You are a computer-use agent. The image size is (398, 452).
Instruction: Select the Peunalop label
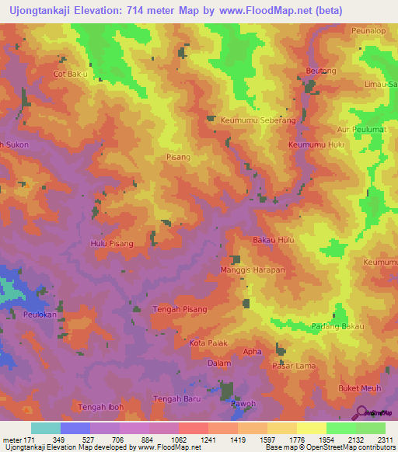coord(368,30)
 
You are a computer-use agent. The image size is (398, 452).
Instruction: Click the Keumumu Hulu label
coord(316,144)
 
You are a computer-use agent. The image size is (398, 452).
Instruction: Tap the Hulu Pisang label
coord(112,244)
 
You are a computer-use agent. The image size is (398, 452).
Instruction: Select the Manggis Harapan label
coord(253,269)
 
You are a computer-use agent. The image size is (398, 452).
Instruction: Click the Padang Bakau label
coord(337,326)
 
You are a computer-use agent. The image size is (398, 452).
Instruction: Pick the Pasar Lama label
coord(293,366)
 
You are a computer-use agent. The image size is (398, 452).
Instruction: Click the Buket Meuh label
coord(358,388)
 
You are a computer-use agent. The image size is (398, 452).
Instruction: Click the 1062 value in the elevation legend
coord(176,440)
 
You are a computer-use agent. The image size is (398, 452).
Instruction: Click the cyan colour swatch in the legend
coord(46,428)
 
